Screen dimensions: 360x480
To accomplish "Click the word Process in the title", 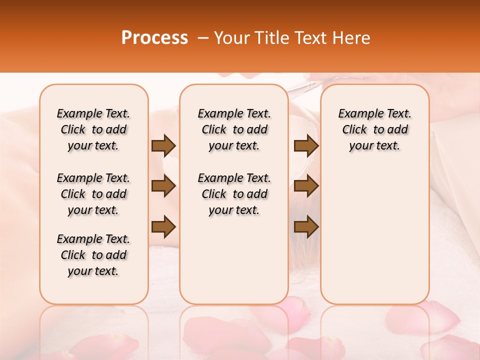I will (154, 38).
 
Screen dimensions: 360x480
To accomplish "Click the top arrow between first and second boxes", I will (163, 145).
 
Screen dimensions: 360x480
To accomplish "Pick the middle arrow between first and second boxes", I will (163, 186).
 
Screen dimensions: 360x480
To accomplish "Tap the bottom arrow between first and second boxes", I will (163, 226).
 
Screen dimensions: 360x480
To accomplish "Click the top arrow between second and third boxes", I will (306, 145).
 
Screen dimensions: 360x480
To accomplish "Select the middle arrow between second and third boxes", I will (306, 186).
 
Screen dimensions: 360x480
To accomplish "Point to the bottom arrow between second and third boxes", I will (306, 226).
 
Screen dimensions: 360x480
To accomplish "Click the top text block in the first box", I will (93, 129).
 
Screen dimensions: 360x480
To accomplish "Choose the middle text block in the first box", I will (93, 194).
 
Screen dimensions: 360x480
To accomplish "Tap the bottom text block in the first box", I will (93, 255).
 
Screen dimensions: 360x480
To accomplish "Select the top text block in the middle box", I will (234, 129).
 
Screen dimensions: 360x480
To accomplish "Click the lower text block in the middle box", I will (234, 194).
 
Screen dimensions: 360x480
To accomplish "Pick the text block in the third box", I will (374, 129).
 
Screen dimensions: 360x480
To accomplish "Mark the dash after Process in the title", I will (203, 38).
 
